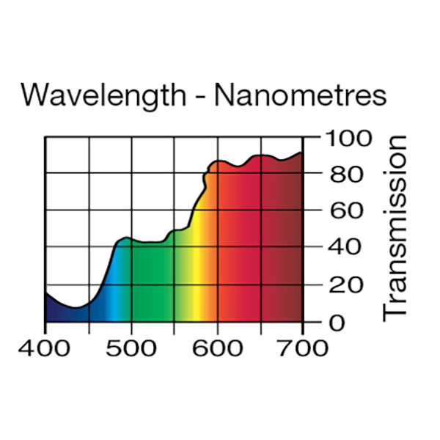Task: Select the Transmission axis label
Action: point(395,228)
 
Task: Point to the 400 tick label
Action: point(45,347)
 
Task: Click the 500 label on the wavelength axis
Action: point(131,347)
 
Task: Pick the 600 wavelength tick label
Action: point(217,347)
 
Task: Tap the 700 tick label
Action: point(302,347)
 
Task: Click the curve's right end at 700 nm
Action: point(302,153)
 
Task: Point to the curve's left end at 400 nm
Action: point(45,293)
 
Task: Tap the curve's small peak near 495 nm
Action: point(127,238)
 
